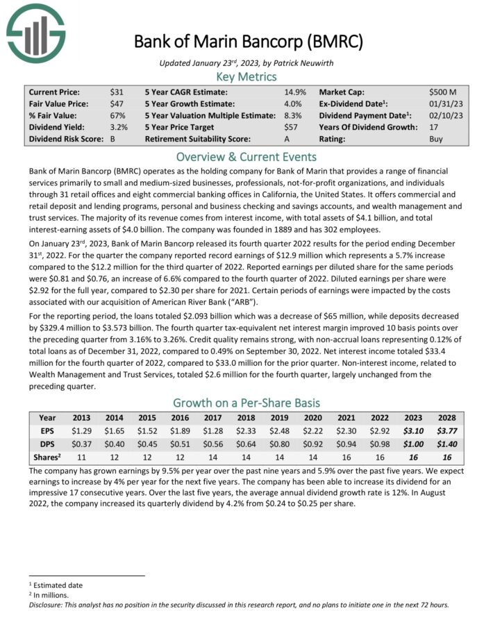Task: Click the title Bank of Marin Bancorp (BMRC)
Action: pos(248,42)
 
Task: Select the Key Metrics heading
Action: pos(246,76)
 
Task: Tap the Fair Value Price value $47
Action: pos(117,103)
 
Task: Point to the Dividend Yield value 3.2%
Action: pos(119,127)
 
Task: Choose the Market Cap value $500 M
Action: pos(443,92)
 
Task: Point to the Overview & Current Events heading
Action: pos(246,156)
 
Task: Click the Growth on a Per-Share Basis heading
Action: pos(246,403)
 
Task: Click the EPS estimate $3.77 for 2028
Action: pos(446,430)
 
